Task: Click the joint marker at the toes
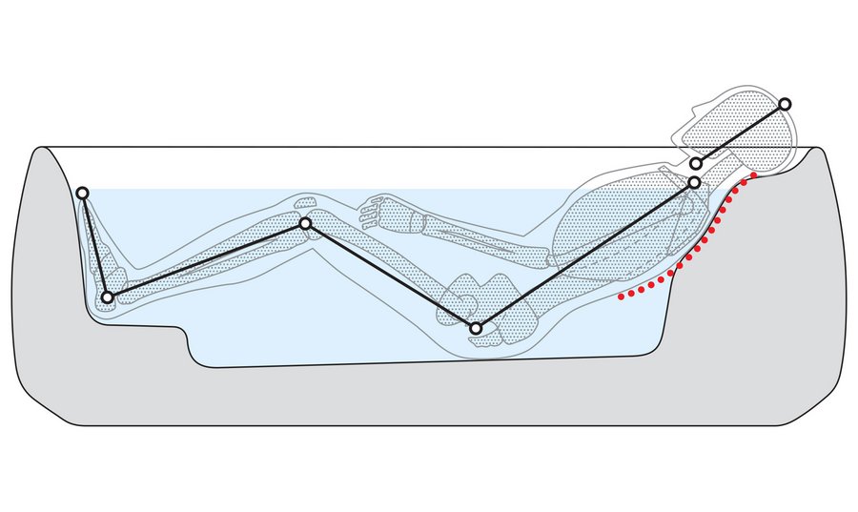[x=83, y=194]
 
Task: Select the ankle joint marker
[x=108, y=298]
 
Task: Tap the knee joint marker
[x=305, y=224]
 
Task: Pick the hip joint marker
[x=476, y=329]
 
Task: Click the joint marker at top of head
[x=785, y=104]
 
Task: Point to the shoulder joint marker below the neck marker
[x=695, y=182]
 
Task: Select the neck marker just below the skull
[x=696, y=165]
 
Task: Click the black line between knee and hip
[x=391, y=276]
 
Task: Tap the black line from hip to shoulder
[x=585, y=256]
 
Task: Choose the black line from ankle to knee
[x=206, y=261]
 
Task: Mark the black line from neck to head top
[x=741, y=134]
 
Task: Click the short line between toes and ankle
[x=94, y=245]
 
